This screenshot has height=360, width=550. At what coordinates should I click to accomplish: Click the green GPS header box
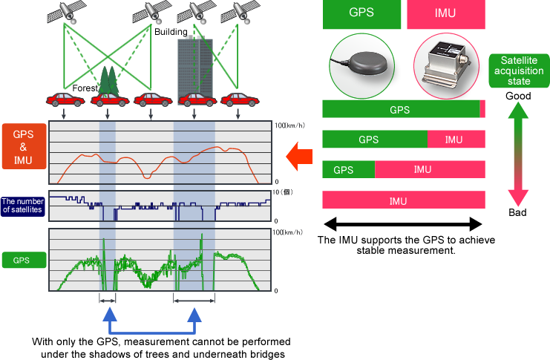(x=361, y=14)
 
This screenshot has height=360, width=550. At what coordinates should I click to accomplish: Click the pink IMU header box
(x=446, y=14)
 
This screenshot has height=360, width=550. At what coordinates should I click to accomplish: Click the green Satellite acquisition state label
(x=519, y=71)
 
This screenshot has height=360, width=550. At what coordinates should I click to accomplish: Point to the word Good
(x=518, y=96)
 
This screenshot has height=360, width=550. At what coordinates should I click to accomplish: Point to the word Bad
(x=517, y=212)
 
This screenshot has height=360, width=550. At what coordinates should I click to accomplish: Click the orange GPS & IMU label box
(x=24, y=146)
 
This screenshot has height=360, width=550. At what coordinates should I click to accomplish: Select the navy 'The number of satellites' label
(x=23, y=206)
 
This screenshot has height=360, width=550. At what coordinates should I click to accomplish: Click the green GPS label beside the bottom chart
(x=24, y=260)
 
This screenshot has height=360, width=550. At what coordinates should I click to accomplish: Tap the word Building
(x=171, y=32)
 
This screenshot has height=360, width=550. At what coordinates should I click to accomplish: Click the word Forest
(x=85, y=88)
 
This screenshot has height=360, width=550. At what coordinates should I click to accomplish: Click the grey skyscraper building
(x=195, y=67)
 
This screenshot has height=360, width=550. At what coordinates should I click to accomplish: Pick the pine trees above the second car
(x=108, y=82)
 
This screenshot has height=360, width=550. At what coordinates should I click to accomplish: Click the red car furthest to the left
(x=65, y=99)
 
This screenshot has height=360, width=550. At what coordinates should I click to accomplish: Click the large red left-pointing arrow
(x=299, y=156)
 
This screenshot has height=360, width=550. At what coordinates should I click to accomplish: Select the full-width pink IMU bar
(x=404, y=200)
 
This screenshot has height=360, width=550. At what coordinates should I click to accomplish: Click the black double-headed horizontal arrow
(x=403, y=224)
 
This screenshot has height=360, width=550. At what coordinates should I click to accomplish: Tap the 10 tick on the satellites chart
(x=275, y=192)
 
